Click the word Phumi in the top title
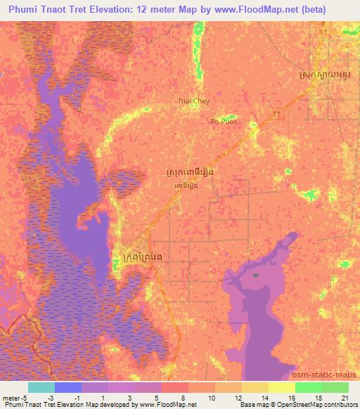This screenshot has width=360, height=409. (27, 10)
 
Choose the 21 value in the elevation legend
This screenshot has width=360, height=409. (346, 397)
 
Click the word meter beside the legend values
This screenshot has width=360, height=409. (11, 397)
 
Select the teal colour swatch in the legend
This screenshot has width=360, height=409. (41, 387)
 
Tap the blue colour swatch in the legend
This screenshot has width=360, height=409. (68, 387)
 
